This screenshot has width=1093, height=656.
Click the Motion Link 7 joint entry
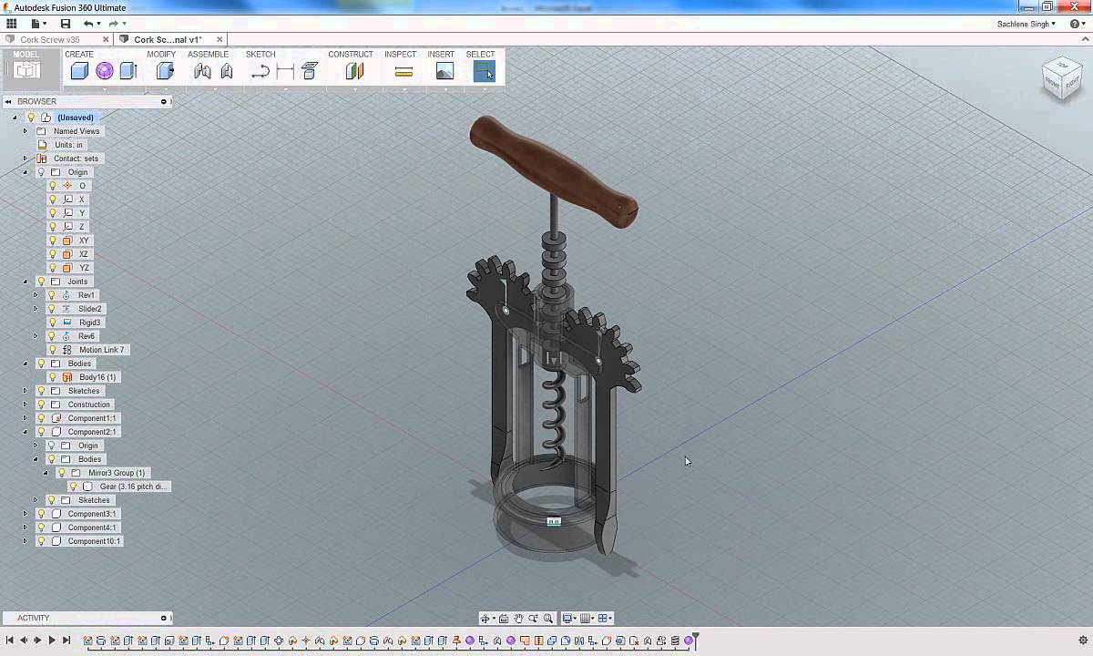101,350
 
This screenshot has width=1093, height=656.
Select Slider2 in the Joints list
89,309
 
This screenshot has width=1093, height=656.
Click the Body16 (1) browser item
97,377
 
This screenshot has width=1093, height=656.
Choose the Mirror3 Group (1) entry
116,473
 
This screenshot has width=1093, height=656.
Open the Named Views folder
76,131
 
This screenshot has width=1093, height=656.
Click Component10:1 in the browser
94,541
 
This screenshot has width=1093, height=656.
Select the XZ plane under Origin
83,254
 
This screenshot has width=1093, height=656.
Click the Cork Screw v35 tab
50,40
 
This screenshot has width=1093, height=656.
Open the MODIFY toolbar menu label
161,55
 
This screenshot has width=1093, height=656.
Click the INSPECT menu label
400,55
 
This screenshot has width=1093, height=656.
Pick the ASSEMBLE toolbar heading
208,55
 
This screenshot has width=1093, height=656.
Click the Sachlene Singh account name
1026,24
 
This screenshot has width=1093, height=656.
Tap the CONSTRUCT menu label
351,55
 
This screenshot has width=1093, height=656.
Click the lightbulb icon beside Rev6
52,336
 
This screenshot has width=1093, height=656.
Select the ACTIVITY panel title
34,618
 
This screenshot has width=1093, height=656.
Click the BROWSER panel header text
36,101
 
